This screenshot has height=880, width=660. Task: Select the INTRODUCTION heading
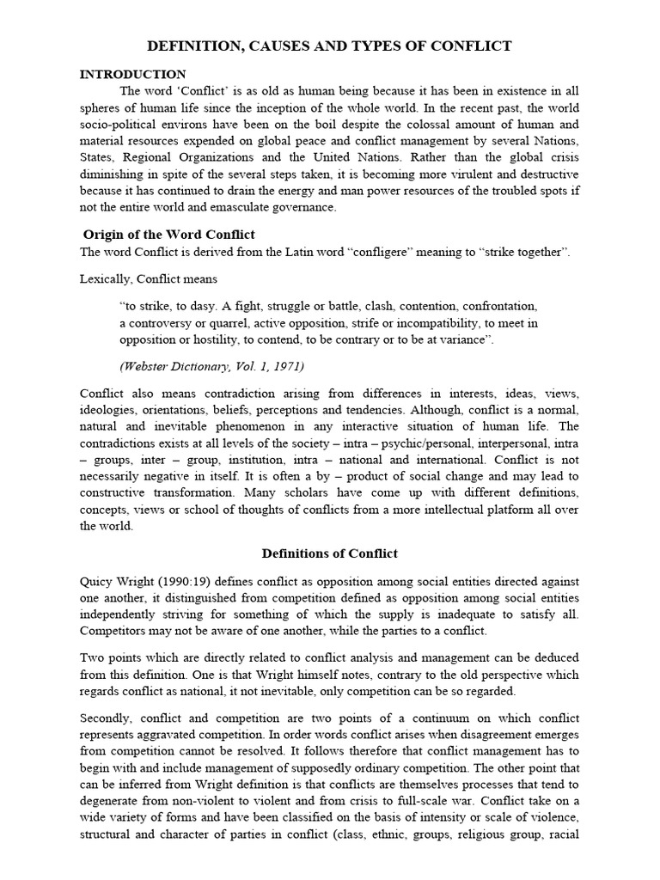click(132, 75)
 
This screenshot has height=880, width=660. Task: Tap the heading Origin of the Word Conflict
click(169, 235)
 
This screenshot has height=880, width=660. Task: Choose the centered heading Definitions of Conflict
click(329, 553)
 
